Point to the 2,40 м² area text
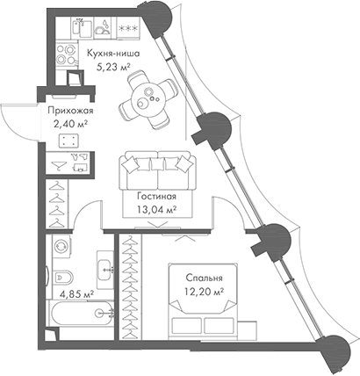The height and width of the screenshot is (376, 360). [x=69, y=126]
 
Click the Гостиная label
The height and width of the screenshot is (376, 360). [x=157, y=196]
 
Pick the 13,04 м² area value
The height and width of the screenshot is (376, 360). [x=157, y=210]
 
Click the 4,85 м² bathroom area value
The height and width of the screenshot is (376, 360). [x=76, y=294]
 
